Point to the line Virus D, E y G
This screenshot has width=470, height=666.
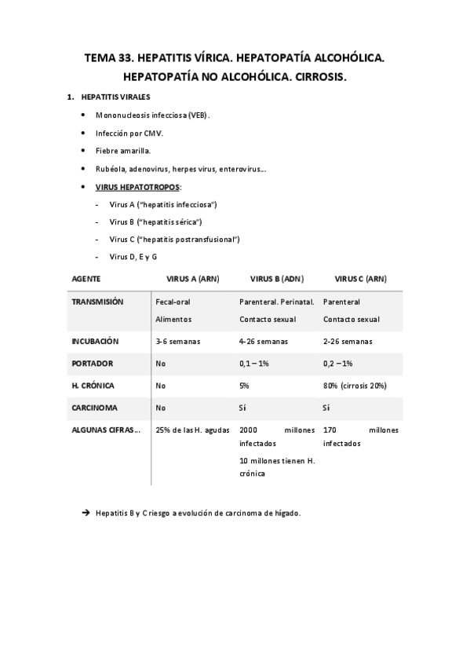tap(133, 257)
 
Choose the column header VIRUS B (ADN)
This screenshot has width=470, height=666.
tap(277, 279)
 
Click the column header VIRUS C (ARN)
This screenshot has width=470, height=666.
tap(360, 279)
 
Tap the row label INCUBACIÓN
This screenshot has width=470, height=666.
tap(95, 342)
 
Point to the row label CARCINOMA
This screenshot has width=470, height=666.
tap(96, 408)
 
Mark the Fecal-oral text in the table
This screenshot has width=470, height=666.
tap(173, 302)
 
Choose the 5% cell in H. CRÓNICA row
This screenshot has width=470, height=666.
tap(244, 386)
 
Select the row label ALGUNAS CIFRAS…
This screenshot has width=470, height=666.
tap(106, 430)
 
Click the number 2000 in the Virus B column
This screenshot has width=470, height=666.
tap(248, 430)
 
